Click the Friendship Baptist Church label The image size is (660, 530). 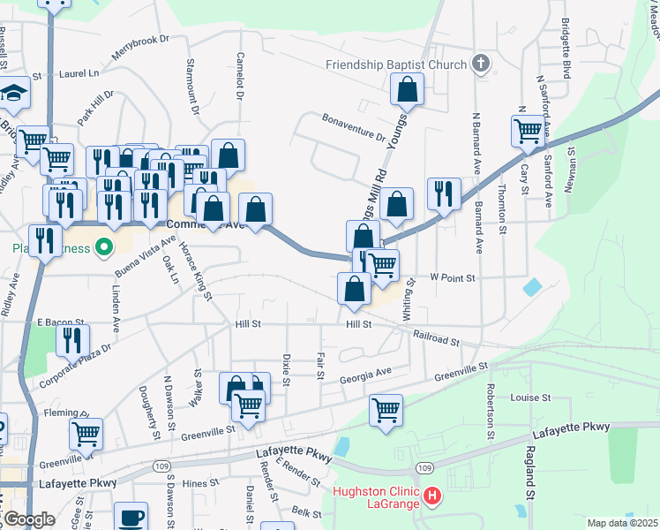click(395, 64)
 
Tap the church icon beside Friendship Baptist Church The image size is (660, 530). click(480, 64)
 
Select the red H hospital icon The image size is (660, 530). click(431, 497)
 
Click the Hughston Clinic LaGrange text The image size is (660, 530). click(377, 497)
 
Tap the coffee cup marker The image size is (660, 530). click(131, 518)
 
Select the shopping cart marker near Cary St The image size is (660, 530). click(528, 130)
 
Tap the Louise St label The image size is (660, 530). click(530, 397)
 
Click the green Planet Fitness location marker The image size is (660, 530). click(105, 247)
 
